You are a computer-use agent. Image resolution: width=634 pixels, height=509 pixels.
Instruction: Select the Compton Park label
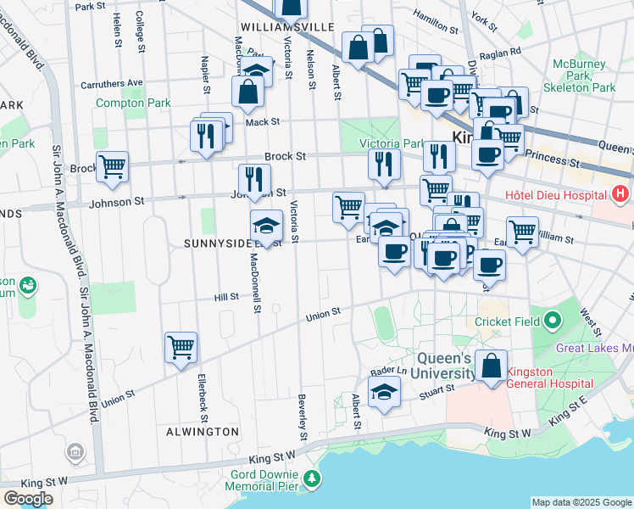pyautogui.click(x=133, y=103)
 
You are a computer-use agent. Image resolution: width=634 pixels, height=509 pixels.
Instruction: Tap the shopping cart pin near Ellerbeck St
pyautogui.click(x=181, y=348)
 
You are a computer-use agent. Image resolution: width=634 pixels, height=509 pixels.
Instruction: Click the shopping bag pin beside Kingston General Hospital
pyautogui.click(x=491, y=366)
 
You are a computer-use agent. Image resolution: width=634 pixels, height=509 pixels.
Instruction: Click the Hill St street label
pyautogui.click(x=226, y=297)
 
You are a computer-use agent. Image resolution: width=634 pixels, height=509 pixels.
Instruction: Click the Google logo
pyautogui.click(x=27, y=499)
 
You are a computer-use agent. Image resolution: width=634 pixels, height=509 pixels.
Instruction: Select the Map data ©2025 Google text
pyautogui.click(x=581, y=502)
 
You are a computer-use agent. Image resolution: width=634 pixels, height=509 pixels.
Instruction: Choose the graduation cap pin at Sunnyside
pyautogui.click(x=266, y=226)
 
